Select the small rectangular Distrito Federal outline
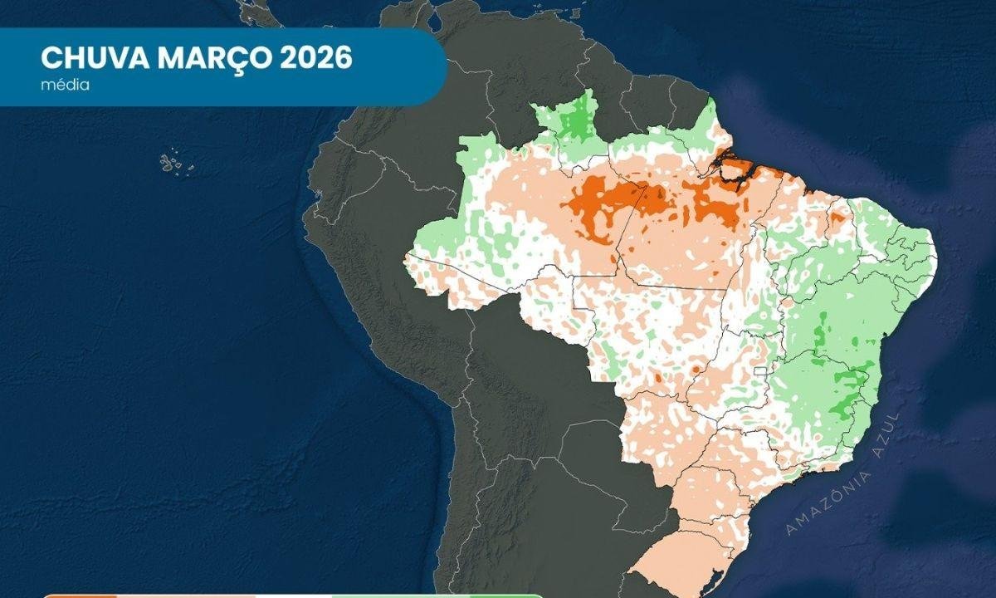(x=759, y=370)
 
